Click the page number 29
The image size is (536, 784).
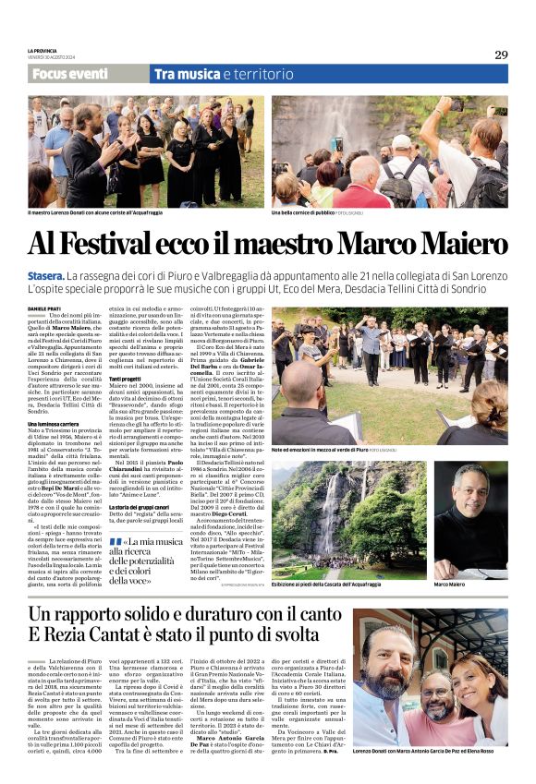(500, 54)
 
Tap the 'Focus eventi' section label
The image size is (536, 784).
(68, 74)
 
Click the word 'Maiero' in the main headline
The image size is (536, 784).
(462, 244)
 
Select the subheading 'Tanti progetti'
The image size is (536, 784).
(128, 380)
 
